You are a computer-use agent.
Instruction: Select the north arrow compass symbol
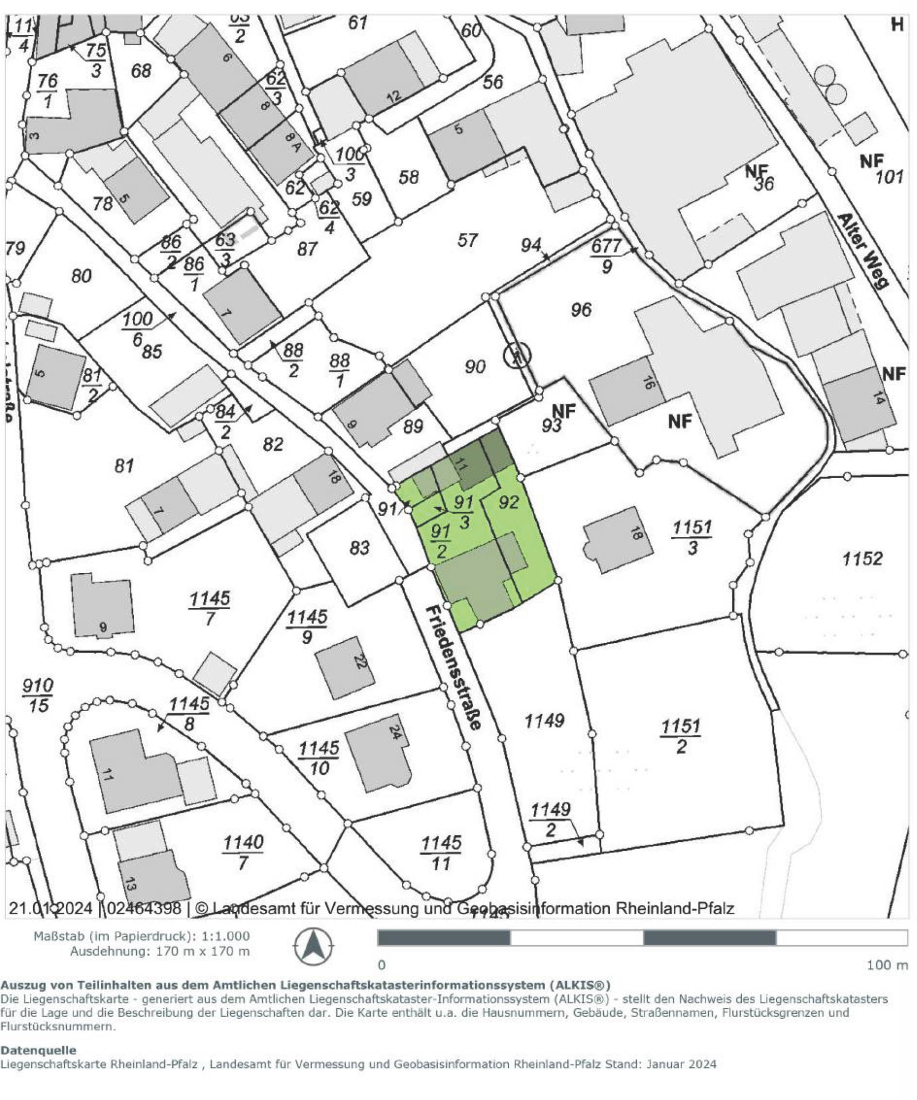coord(313,947)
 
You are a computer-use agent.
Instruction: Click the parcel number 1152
coord(862,559)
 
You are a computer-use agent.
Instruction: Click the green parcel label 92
coord(508,503)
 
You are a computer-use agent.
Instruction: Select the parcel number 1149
coord(545,721)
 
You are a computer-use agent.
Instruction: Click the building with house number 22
coord(346,667)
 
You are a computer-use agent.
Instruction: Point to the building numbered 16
coord(627,390)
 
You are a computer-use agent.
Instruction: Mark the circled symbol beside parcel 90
coord(517,356)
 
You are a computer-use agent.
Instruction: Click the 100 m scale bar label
coord(887,965)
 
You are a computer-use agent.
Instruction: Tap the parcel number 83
coord(359,548)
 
